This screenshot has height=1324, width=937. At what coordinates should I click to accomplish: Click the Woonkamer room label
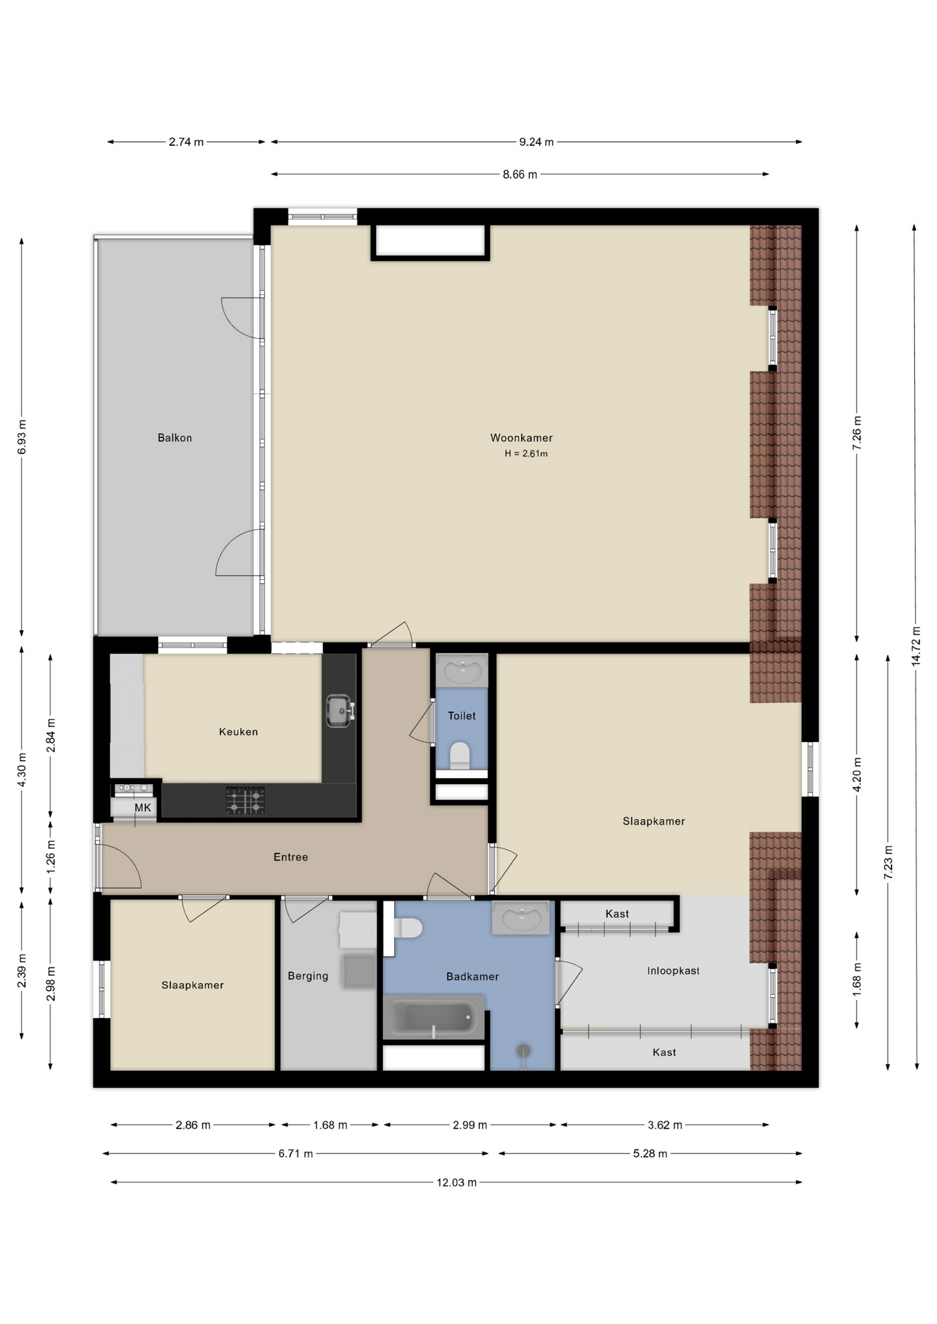click(521, 438)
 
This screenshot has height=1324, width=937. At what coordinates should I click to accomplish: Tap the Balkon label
click(175, 438)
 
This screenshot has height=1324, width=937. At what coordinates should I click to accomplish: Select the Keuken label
click(238, 732)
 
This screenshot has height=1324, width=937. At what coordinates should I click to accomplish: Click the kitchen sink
click(339, 710)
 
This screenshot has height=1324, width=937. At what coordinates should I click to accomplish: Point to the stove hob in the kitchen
click(245, 801)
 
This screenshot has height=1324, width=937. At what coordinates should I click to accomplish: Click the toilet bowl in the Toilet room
click(460, 756)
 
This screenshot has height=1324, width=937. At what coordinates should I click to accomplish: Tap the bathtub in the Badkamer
click(434, 1016)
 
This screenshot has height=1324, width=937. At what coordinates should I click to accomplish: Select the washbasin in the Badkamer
click(521, 918)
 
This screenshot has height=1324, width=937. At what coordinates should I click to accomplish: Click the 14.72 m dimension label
click(916, 645)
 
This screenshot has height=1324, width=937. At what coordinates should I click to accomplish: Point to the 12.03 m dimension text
click(456, 1183)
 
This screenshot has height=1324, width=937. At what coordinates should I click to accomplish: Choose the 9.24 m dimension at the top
click(536, 142)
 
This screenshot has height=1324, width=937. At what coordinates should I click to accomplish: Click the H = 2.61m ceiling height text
click(526, 454)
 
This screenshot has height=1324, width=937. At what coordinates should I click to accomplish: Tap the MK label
click(142, 808)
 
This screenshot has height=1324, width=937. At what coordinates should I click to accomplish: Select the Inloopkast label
click(673, 971)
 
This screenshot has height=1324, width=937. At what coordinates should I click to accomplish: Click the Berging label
click(308, 976)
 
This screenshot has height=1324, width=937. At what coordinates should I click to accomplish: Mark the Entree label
click(290, 857)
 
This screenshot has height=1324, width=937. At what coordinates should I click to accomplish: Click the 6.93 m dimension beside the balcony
click(21, 437)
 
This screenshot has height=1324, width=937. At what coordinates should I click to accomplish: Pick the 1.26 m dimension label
click(50, 857)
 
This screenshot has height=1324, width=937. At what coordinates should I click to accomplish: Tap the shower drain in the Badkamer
click(524, 1051)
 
